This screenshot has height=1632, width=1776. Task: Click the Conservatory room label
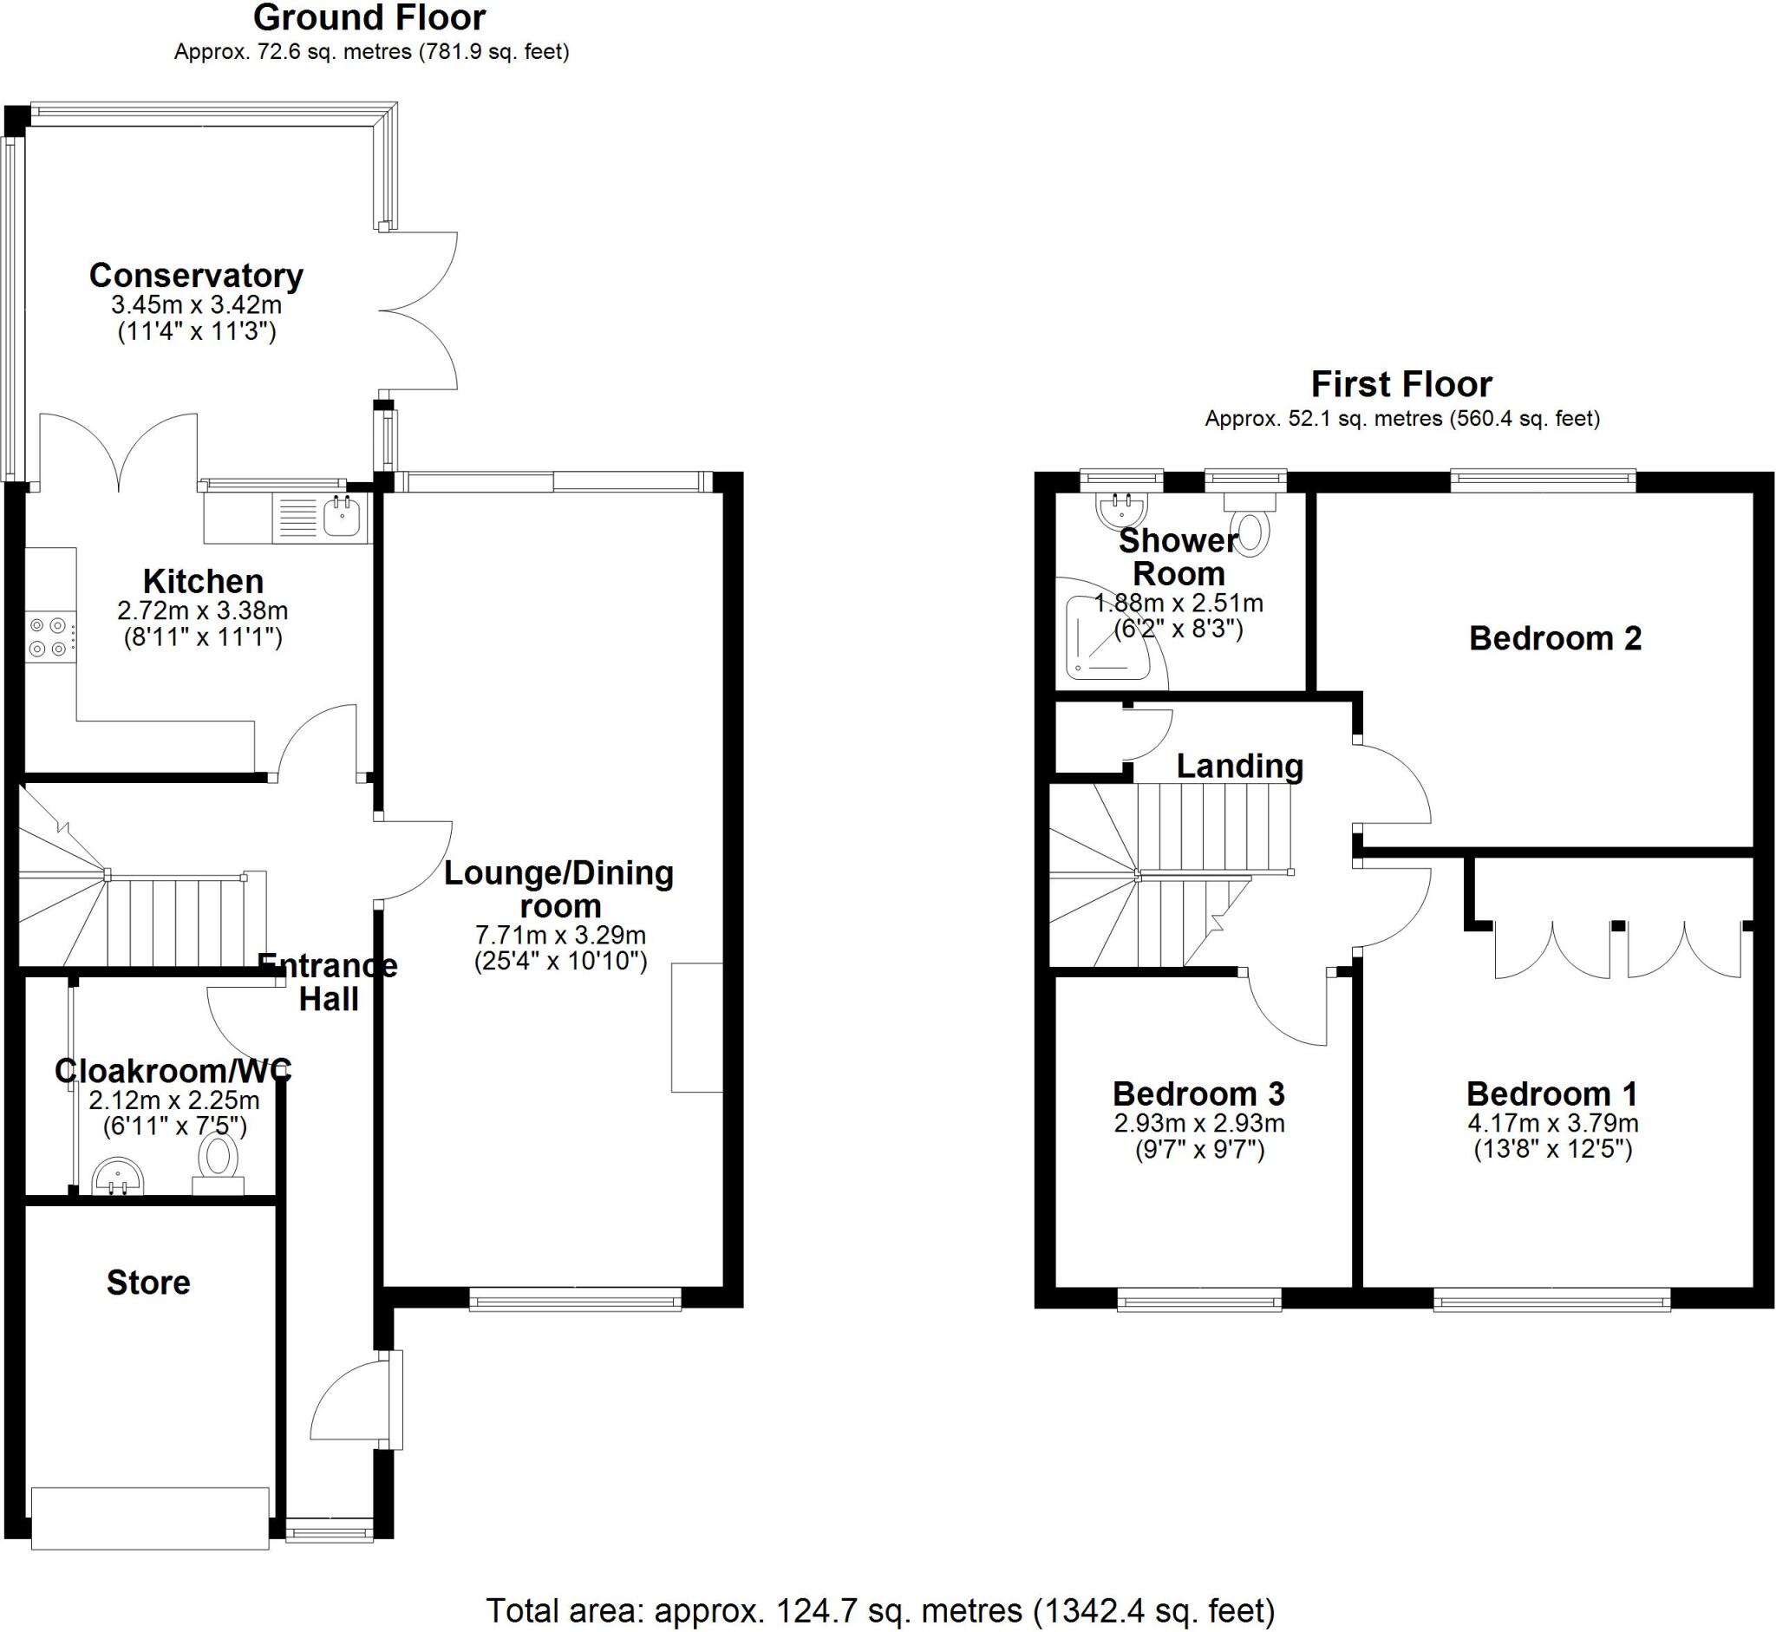[196, 276]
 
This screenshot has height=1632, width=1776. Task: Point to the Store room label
[148, 1283]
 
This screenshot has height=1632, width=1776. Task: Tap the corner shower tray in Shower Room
[1104, 637]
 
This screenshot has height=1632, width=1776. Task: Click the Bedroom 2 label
[1555, 637]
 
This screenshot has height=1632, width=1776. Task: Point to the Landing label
[1239, 766]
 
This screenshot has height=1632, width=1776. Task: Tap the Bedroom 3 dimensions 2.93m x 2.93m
[1198, 1123]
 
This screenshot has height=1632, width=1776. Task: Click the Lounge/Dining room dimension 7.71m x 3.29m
[560, 934]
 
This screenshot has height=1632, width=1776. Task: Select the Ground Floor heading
[369, 17]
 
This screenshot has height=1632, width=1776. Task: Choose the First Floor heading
[1401, 384]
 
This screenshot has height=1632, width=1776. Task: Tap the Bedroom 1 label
[1551, 1093]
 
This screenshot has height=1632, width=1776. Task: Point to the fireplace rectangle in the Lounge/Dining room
[697, 1027]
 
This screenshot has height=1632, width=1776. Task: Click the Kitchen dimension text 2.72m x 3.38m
[202, 610]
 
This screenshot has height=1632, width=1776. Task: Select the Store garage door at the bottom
[150, 1518]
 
